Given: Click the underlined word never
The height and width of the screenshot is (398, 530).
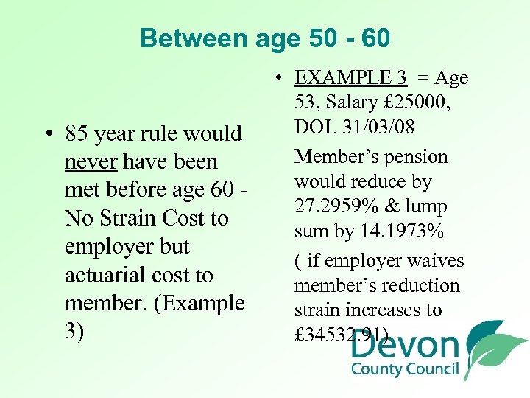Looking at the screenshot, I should [91, 161].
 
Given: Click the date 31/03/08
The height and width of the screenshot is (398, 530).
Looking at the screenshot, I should [389, 127].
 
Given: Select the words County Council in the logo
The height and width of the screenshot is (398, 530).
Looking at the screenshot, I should [405, 370].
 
